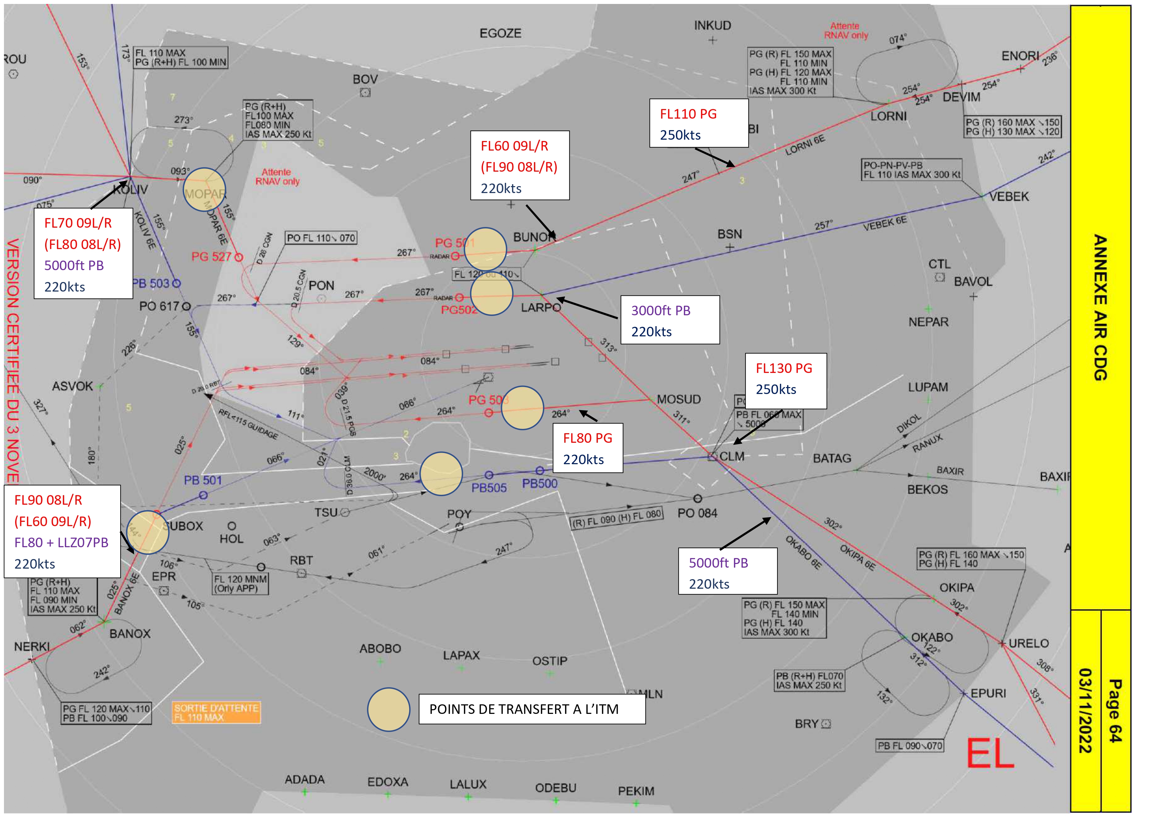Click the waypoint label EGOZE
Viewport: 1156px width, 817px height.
[x=500, y=33]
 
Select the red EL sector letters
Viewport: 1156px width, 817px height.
[x=990, y=753]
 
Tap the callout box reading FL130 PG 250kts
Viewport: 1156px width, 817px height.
[x=785, y=380]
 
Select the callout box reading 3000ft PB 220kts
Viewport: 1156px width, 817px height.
[x=670, y=320]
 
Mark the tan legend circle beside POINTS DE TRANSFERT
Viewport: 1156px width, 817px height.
[x=388, y=709]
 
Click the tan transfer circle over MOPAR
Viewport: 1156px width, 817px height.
[x=204, y=189]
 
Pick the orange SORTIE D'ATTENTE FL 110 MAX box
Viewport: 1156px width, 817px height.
[x=216, y=712]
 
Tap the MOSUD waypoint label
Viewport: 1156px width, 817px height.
[x=679, y=399]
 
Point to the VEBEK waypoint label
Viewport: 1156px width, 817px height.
[x=1008, y=197]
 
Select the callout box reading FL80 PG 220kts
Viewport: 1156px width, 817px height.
[x=588, y=448]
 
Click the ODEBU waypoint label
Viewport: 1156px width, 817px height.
[x=555, y=788]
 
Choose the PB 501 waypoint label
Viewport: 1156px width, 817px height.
[x=202, y=480]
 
